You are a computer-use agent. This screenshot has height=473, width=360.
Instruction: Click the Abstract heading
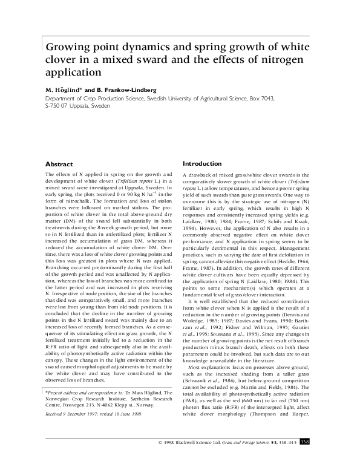pyautogui.click(x=59, y=165)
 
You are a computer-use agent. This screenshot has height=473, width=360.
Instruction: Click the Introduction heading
pyautogui.click(x=204, y=163)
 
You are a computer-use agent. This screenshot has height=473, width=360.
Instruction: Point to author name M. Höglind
pyautogui.click(x=65, y=90)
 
